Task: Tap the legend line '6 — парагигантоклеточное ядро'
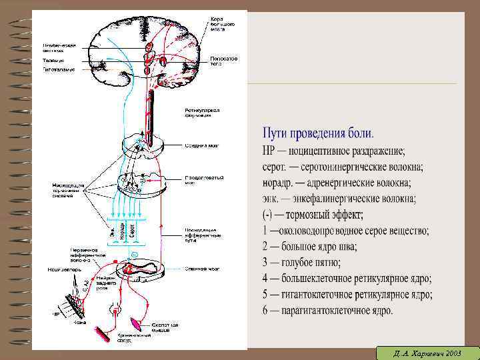tap(327, 310)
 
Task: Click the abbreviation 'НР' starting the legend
tap(270, 150)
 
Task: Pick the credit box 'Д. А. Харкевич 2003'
tap(426, 351)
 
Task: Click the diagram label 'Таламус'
tap(53, 59)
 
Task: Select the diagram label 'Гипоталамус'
tap(58, 69)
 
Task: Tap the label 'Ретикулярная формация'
tap(201, 112)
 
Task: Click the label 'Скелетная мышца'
tap(165, 327)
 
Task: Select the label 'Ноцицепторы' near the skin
tap(60, 270)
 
